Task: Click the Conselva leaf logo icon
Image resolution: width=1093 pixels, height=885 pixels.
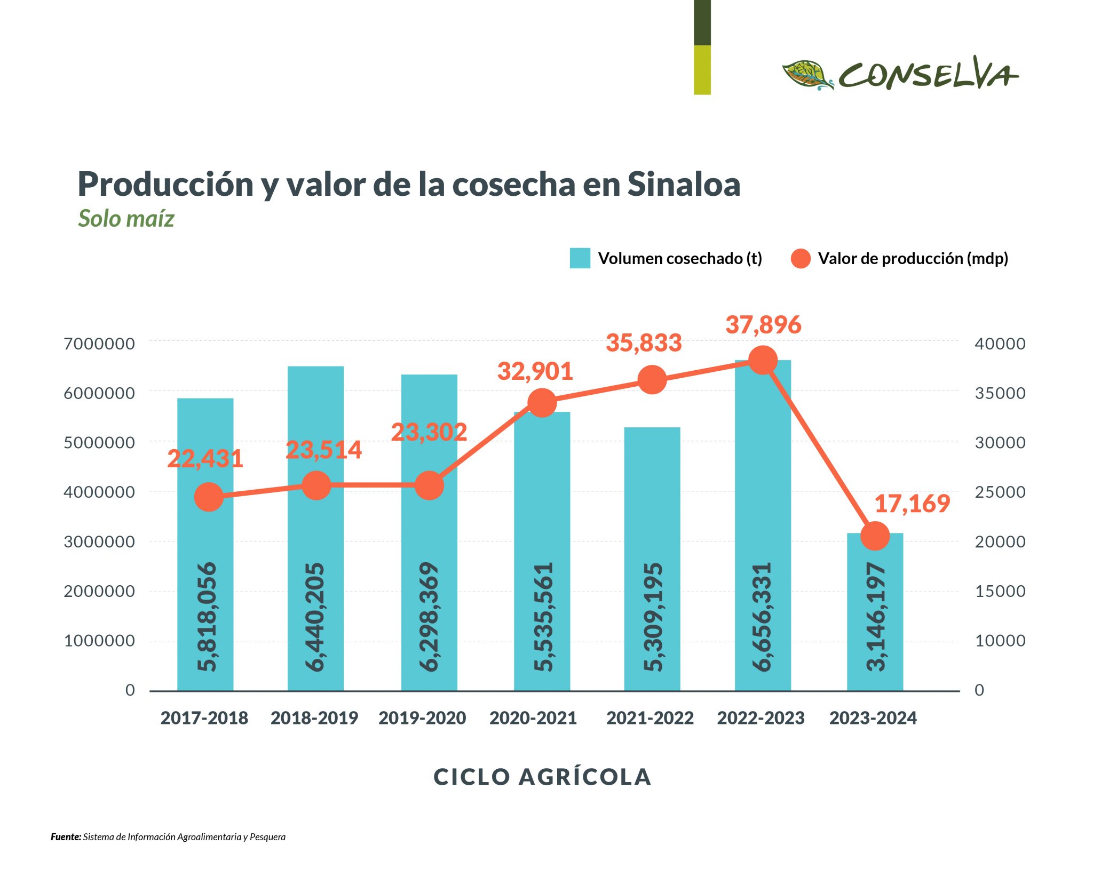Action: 807,75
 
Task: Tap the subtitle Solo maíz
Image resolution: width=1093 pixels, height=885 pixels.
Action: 126,218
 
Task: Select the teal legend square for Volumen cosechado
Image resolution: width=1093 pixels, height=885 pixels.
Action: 580,258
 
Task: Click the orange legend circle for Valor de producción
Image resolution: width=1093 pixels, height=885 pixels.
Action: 800,258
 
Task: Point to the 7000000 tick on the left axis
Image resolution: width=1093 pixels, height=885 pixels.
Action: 99,344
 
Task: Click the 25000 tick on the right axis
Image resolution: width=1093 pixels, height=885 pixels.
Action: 1000,492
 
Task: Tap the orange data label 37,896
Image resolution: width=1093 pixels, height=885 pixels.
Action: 763,325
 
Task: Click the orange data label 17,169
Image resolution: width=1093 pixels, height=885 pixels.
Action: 912,504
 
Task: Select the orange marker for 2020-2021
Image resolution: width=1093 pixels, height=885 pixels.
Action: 542,403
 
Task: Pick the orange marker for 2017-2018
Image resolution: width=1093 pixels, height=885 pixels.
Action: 209,497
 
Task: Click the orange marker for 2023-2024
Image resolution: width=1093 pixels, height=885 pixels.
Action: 875,536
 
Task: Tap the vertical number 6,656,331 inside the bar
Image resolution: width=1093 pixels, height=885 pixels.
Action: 762,616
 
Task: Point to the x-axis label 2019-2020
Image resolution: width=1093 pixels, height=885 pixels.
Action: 422,718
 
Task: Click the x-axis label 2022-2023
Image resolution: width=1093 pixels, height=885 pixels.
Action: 761,718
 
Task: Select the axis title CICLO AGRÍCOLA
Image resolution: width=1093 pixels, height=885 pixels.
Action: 542,777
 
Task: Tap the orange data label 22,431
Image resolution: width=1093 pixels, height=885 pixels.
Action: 205,459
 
